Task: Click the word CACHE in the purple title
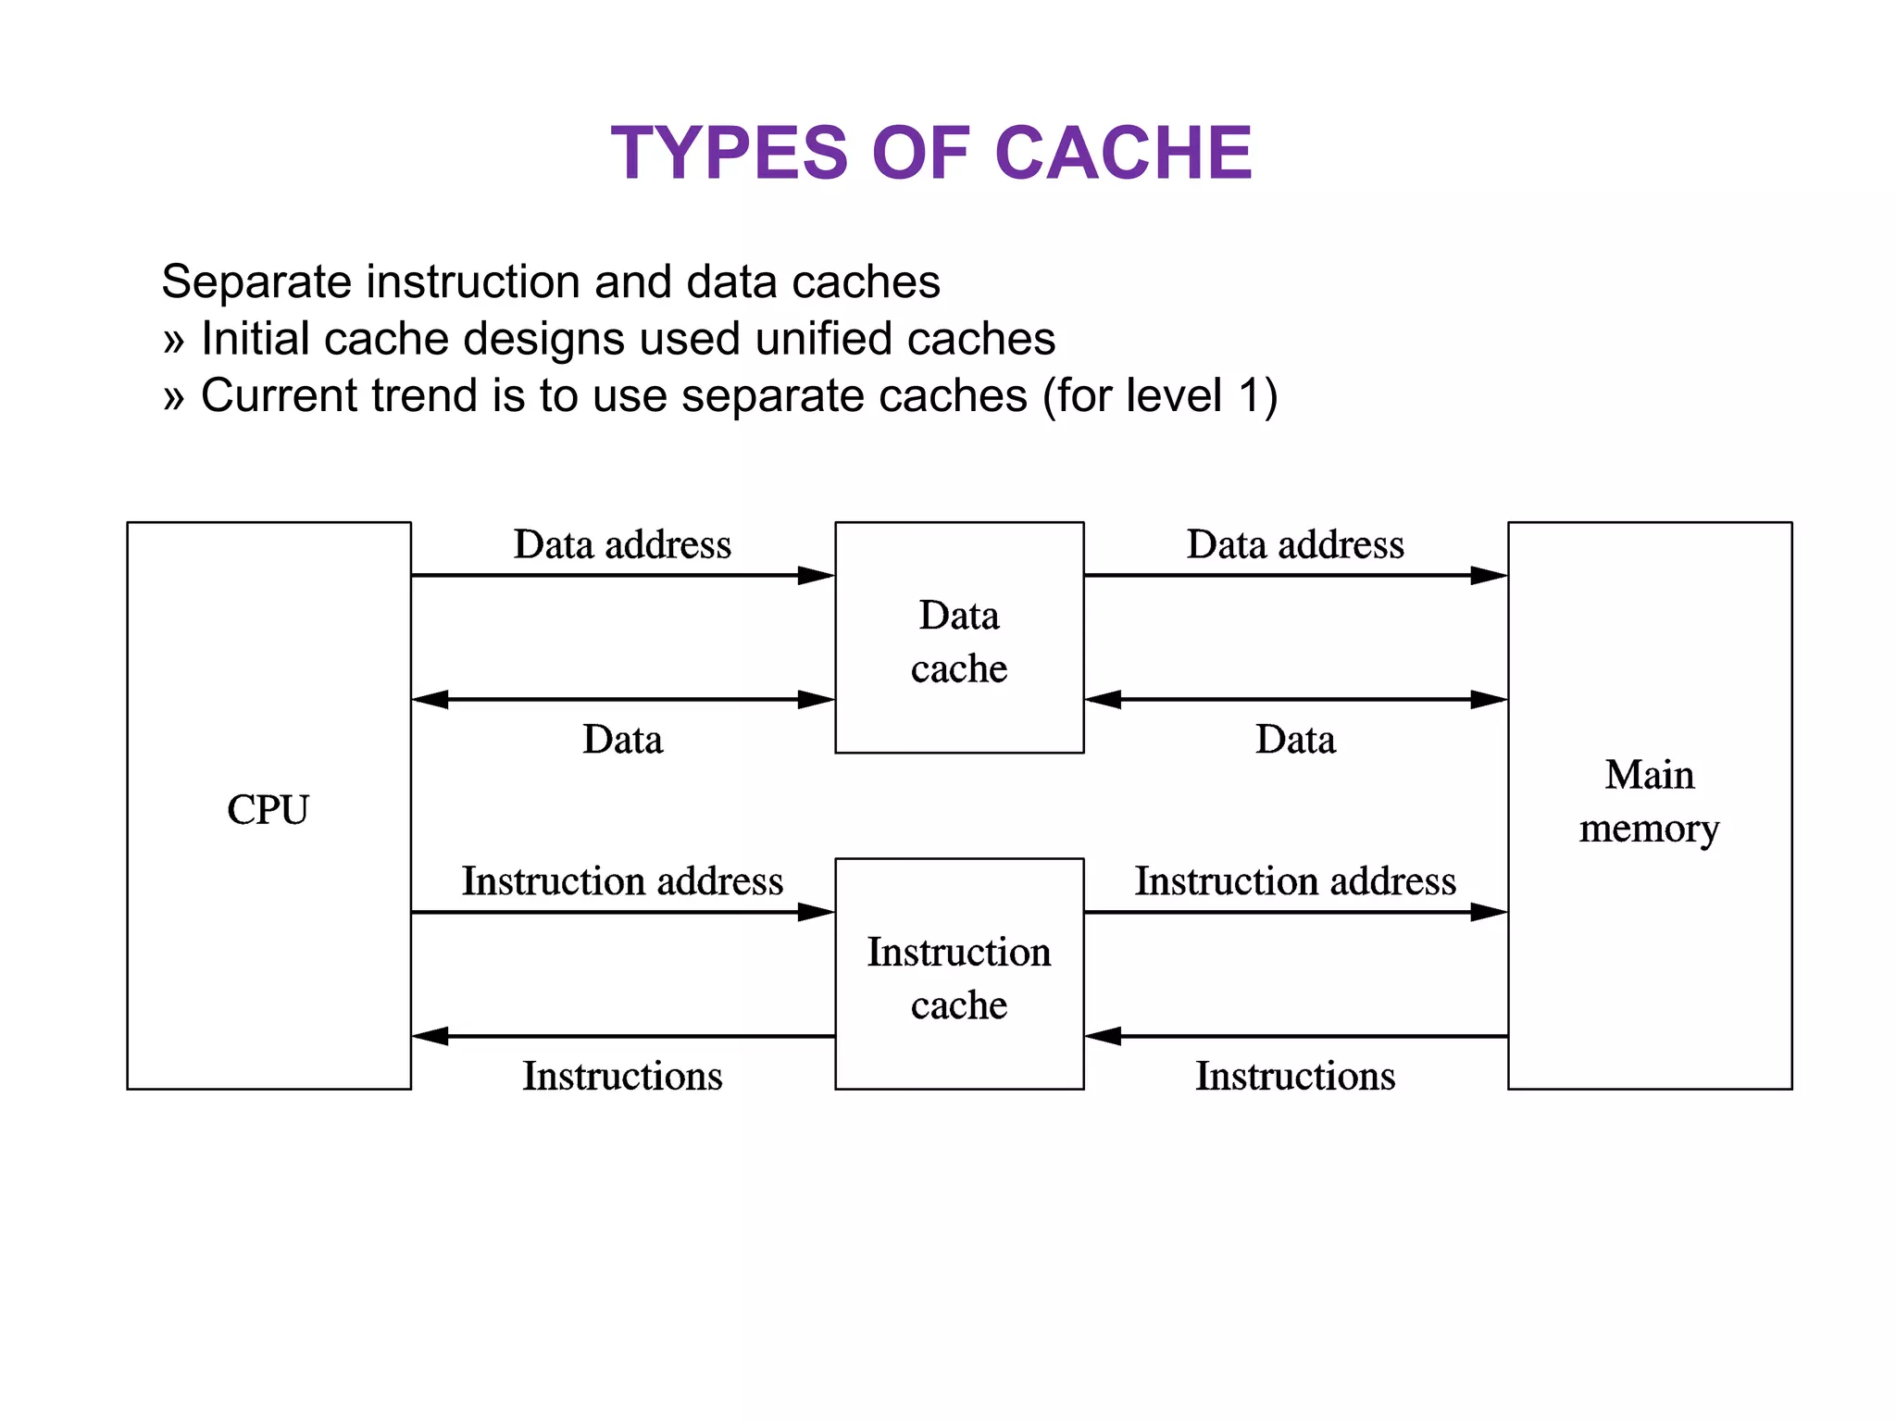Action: tap(1123, 154)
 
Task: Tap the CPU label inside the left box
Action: tap(268, 810)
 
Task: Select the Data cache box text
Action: tap(959, 642)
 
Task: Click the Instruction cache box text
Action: tap(959, 978)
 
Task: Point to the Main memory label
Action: tap(1649, 802)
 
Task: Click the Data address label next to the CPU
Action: tap(622, 544)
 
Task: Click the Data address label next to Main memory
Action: tap(1295, 544)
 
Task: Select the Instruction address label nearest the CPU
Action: tap(622, 881)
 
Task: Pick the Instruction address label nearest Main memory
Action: tap(1295, 881)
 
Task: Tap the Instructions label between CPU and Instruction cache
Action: tap(622, 1076)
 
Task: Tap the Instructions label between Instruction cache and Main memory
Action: tap(1295, 1076)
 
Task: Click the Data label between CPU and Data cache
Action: tap(622, 740)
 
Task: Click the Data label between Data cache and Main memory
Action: tap(1295, 740)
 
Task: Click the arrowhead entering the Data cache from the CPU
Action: tap(817, 576)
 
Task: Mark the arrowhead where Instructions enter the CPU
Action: tap(430, 1036)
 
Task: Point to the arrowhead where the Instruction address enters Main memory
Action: tap(1489, 912)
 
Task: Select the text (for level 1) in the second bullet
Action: tap(1160, 396)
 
